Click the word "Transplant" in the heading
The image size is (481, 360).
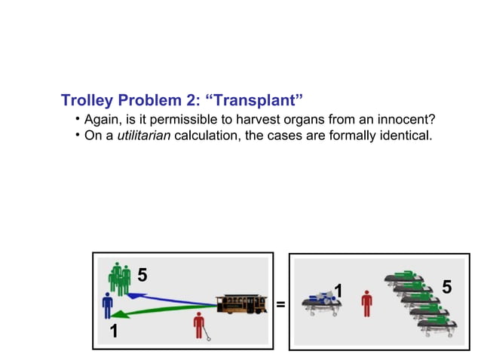(257, 101)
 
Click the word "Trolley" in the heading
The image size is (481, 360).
(85, 101)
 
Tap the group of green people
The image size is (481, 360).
(119, 279)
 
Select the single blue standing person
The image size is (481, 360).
(107, 306)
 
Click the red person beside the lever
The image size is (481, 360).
(199, 325)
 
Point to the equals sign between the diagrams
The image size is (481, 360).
(280, 305)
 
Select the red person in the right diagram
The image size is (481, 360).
(366, 303)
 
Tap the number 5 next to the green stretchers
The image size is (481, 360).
(446, 288)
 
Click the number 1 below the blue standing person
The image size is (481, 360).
(113, 332)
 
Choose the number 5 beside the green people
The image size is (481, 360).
(142, 276)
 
